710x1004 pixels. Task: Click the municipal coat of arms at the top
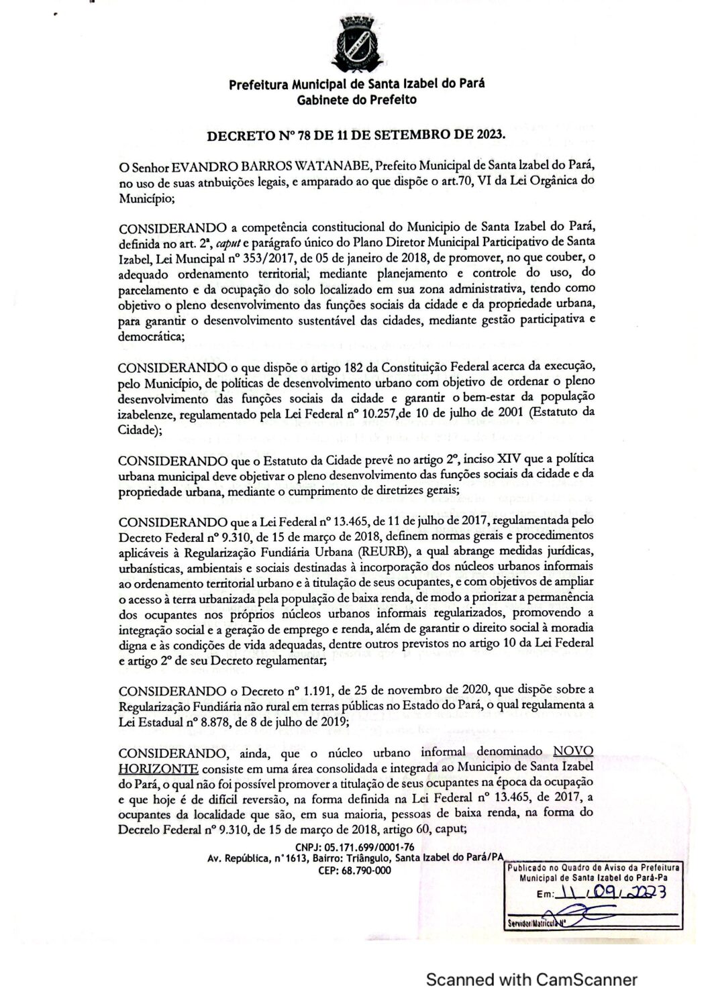356,44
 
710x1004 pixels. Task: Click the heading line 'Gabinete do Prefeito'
356,100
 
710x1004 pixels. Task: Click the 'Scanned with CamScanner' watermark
532,979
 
